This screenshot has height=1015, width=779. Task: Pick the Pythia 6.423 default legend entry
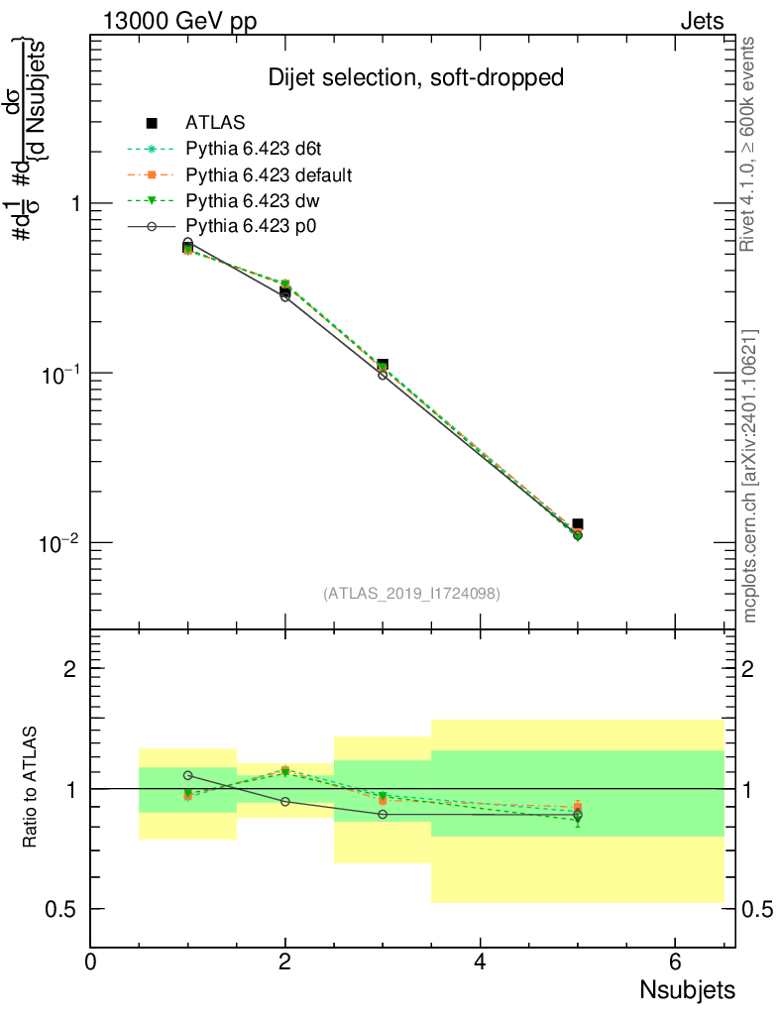coord(269,175)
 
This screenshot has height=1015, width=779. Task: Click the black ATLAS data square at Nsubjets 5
coord(578,523)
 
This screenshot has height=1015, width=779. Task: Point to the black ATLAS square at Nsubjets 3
coord(383,365)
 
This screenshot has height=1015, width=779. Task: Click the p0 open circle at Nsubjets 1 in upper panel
coord(188,243)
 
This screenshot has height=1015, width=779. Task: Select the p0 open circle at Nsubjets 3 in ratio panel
coord(383,815)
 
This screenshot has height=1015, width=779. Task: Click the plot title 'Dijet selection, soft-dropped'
coord(416,77)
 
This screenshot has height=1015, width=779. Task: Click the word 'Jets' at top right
coord(702,22)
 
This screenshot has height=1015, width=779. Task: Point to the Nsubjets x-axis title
coord(687,989)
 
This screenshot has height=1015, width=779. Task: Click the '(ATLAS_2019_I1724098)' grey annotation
coord(411,594)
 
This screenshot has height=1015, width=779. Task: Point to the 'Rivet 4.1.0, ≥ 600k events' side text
coord(749,144)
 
